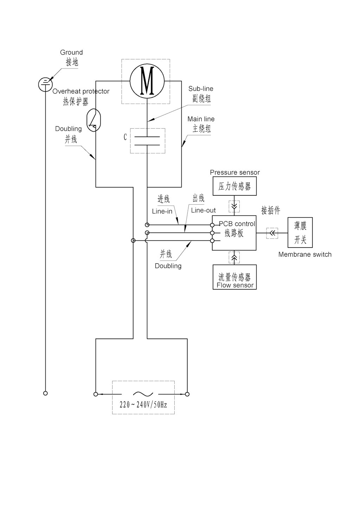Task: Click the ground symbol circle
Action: click(x=45, y=84)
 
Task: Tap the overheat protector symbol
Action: click(x=94, y=121)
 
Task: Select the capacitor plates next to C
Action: click(x=147, y=140)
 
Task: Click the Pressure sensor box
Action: click(x=234, y=186)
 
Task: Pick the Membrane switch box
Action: click(x=300, y=232)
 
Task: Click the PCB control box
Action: click(x=234, y=233)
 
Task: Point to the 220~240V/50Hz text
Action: click(x=143, y=405)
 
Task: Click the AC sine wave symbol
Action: click(x=143, y=394)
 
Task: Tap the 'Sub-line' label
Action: click(x=201, y=89)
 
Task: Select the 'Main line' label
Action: click(x=201, y=119)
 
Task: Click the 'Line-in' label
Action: click(x=162, y=211)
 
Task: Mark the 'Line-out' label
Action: click(x=203, y=210)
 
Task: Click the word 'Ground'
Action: click(x=71, y=52)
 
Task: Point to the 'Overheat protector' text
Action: click(x=81, y=91)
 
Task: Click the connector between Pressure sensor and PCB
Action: click(x=234, y=206)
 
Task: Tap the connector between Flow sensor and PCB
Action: click(x=234, y=257)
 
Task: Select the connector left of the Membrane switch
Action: click(x=272, y=233)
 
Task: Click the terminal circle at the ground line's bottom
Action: click(x=45, y=393)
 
